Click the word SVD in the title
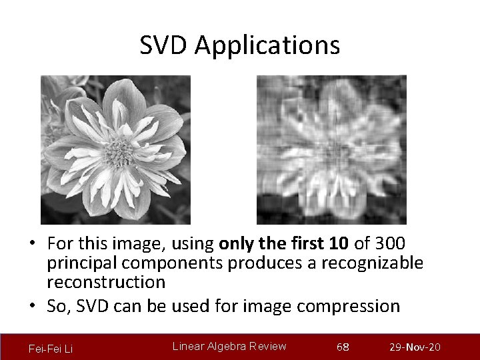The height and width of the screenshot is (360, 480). [x=164, y=45]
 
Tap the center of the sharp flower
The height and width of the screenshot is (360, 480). [x=119, y=151]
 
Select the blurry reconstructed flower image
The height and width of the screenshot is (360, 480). [x=331, y=149]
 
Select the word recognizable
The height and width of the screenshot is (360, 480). [x=372, y=263]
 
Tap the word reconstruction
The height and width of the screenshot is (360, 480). [x=106, y=282]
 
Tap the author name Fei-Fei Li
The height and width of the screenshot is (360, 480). [x=51, y=348]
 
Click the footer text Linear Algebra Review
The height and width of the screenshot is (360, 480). [x=229, y=346]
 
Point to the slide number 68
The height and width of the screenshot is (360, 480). [x=343, y=347]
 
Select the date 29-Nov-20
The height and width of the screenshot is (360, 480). [x=414, y=347]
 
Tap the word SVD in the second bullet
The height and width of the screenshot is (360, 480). [x=91, y=306]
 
